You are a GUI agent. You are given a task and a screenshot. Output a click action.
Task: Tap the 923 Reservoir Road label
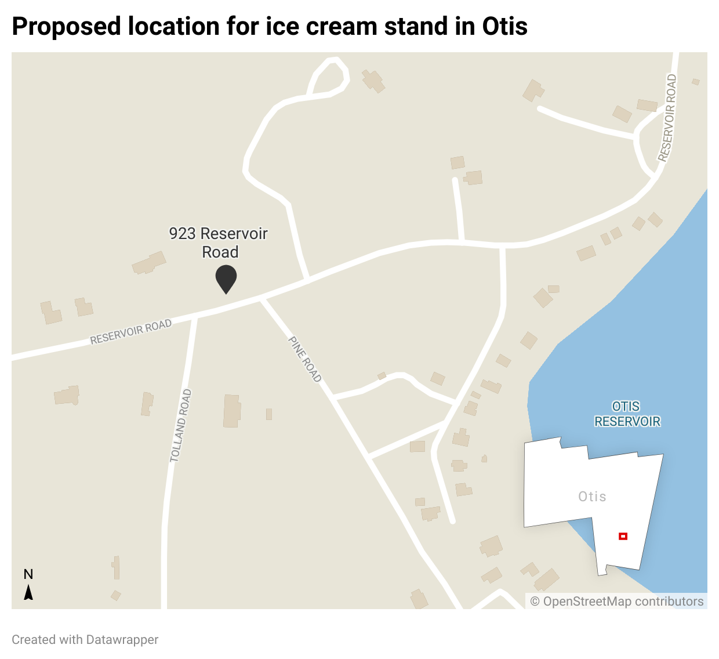click(x=219, y=242)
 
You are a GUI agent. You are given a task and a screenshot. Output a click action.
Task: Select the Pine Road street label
click(x=305, y=359)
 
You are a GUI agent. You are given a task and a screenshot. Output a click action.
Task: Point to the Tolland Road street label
click(x=181, y=426)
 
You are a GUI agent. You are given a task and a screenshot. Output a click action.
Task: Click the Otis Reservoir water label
click(x=627, y=414)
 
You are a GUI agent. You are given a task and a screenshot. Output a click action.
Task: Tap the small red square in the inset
click(x=623, y=536)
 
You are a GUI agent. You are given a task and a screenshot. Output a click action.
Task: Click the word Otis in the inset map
click(x=592, y=497)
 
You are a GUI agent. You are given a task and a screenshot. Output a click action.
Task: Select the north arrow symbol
click(x=28, y=592)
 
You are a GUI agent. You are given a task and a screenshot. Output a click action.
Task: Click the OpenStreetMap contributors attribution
click(x=617, y=602)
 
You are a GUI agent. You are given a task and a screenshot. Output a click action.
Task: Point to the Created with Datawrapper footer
click(x=85, y=639)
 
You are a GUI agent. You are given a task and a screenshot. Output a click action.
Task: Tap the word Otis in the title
click(x=504, y=27)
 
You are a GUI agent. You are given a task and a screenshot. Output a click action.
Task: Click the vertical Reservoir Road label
click(x=667, y=118)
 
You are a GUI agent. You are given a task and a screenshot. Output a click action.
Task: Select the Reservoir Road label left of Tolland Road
click(x=131, y=332)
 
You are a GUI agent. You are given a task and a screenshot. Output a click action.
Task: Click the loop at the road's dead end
click(x=329, y=77)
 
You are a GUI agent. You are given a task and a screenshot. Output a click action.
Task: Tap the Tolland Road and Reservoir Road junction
click(x=194, y=317)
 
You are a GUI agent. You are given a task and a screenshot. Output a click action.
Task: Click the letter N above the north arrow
click(x=28, y=574)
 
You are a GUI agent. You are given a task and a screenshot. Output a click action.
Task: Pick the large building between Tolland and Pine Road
click(x=232, y=411)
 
